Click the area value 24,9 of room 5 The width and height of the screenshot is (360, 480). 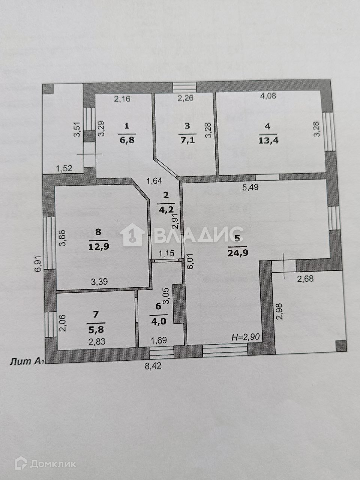237,252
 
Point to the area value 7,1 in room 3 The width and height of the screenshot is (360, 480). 187,140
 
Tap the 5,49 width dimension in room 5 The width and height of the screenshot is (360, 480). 250,188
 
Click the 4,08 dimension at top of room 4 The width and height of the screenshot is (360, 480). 268,96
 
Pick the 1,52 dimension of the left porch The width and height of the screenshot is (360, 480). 64,169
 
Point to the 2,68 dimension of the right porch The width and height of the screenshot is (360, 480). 305,278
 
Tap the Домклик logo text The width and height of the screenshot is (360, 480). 52,463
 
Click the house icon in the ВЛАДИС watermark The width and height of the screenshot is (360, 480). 133,235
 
